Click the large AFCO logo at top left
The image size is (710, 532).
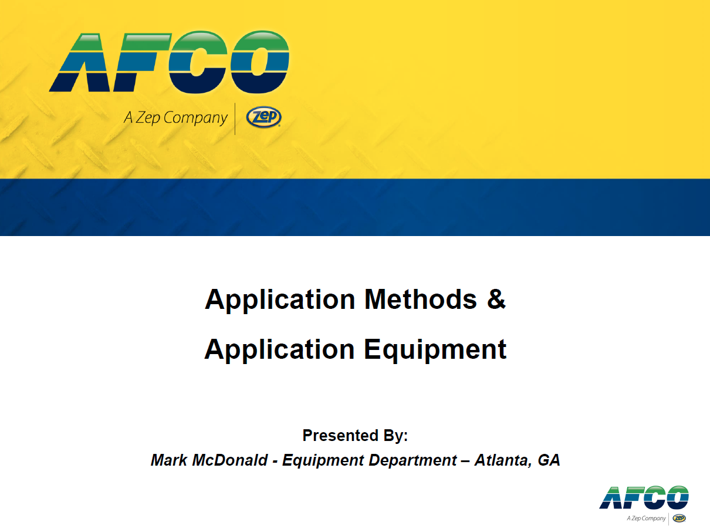pos(169,62)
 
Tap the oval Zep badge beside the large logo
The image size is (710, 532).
pos(263,117)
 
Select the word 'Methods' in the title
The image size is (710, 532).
pos(420,299)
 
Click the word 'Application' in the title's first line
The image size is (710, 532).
pos(280,300)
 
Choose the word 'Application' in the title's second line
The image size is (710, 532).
pos(280,351)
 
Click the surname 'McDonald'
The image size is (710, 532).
pos(230,460)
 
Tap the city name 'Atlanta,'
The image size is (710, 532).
pos(503,460)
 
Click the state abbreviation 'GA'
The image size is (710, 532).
pos(549,460)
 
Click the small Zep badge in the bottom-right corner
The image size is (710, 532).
pos(679,518)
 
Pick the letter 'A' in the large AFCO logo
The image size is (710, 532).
pos(76,62)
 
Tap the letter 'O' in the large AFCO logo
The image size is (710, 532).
pos(260,62)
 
